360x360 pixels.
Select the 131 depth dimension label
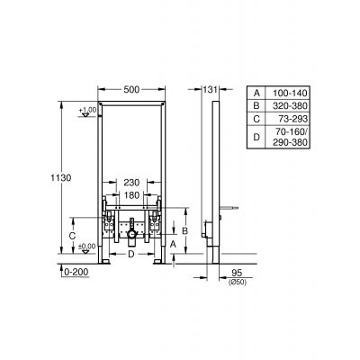pos(210,90)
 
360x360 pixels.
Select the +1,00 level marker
pos(86,110)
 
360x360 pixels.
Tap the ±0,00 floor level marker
pos(86,247)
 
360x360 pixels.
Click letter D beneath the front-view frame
pos(130,255)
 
